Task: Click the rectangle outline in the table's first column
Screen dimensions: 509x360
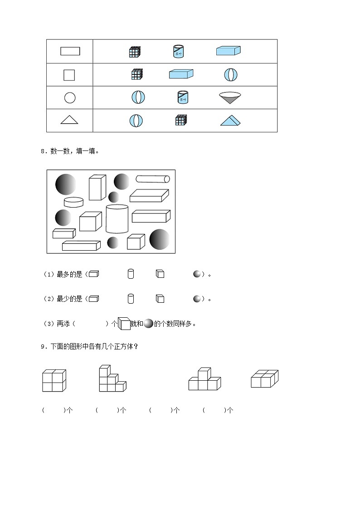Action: pos(70,51)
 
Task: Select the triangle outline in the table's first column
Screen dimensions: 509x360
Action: pos(69,120)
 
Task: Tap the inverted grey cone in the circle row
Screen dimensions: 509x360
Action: pos(229,98)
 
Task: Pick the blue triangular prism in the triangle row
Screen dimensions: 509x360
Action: pos(231,120)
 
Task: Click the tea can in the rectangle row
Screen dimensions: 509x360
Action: pos(179,51)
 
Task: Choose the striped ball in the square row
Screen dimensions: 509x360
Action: pos(231,74)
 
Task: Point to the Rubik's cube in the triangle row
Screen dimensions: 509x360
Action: pos(181,120)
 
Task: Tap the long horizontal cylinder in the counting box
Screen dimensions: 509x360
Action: pos(153,179)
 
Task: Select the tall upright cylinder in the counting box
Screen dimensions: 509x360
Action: pos(117,219)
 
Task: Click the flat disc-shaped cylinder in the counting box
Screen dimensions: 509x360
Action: pos(73,202)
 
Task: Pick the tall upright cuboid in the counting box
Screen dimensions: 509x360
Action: pos(97,187)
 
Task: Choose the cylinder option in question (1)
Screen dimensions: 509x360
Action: pos(131,274)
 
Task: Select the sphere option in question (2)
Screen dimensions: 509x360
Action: pos(197,299)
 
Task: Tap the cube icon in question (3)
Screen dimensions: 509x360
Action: pos(124,323)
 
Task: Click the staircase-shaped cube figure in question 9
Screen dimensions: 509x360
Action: pos(112,379)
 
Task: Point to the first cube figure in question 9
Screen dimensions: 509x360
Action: pos(54,381)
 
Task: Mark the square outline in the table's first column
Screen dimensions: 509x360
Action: pos(69,75)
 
